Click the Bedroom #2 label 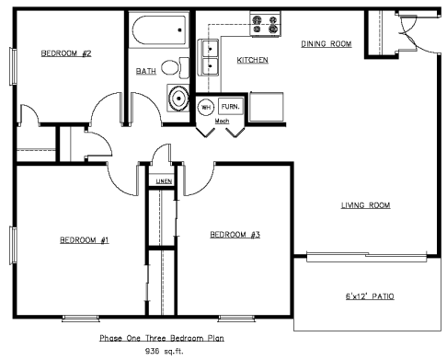point(66,53)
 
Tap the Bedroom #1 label point(85,239)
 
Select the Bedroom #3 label point(235,235)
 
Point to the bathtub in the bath point(159,30)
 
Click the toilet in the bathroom point(175,67)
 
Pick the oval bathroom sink point(178,99)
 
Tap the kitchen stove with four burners point(266,25)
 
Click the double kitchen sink point(210,57)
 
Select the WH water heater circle point(206,107)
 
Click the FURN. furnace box point(231,107)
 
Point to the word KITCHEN point(253,60)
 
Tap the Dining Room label point(327,44)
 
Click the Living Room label point(366,205)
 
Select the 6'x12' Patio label point(370,296)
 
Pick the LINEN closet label point(164,181)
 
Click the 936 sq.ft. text point(164,351)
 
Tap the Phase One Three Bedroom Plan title point(162,338)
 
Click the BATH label point(146,71)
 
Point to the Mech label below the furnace point(222,121)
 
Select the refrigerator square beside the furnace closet point(267,107)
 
